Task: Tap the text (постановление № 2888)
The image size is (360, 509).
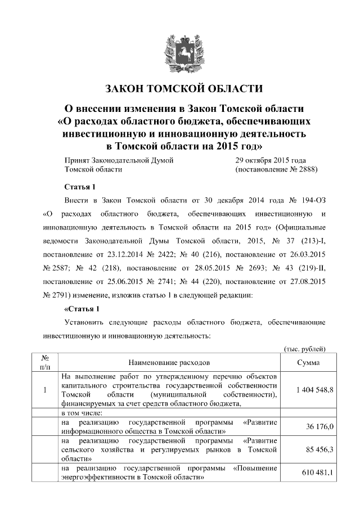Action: click(x=276, y=169)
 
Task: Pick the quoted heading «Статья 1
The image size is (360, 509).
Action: click(x=82, y=309)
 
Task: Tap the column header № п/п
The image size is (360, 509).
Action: click(x=44, y=363)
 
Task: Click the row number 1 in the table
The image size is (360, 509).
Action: click(x=44, y=390)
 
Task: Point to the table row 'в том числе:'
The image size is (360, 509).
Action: click(x=84, y=413)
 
